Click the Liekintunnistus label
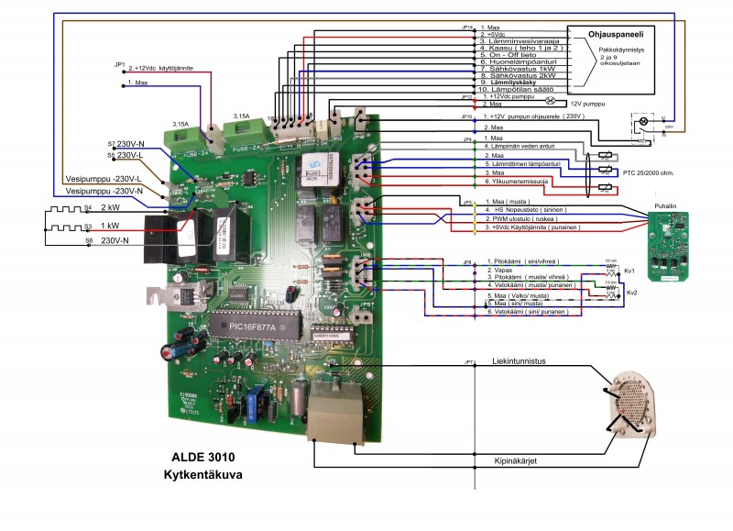coord(520,360)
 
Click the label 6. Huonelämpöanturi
coord(520,61)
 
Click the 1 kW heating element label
coord(108,225)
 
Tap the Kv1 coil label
coord(629,271)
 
